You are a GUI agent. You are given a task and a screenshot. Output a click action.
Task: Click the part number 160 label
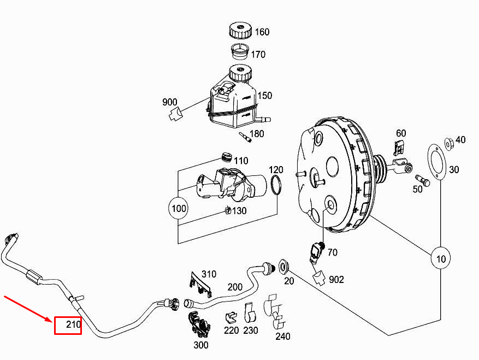262,32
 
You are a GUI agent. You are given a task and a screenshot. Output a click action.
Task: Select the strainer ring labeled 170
240,52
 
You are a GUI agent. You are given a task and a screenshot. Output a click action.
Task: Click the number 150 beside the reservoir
264,96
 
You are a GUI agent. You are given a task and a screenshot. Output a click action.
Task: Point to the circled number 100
179,209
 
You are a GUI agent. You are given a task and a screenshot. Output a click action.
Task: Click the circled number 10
441,258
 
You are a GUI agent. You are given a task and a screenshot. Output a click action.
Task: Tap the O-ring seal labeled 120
276,185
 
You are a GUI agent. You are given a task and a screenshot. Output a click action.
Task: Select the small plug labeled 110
226,157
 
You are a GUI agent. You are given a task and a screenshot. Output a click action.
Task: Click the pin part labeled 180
245,137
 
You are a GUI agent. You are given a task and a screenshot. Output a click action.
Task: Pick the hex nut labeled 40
448,144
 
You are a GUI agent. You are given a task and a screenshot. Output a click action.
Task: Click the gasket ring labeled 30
437,162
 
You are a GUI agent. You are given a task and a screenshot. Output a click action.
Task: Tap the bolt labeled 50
423,180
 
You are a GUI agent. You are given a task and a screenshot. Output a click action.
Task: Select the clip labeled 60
398,148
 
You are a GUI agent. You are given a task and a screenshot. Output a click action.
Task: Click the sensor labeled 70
316,252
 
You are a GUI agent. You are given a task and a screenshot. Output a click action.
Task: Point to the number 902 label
336,279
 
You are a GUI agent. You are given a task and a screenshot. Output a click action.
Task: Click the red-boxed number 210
73,324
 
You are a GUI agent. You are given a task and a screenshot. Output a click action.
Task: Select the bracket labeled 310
200,284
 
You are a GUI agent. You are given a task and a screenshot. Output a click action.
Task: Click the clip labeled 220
231,317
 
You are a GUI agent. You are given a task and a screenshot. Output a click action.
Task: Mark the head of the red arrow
53,322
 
